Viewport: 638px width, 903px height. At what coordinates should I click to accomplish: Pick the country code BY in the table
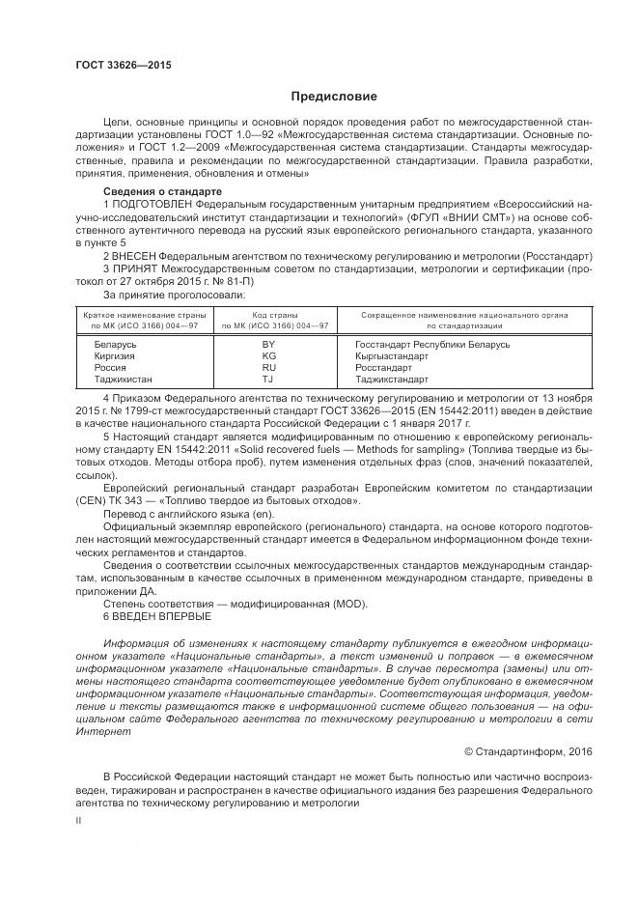(269, 344)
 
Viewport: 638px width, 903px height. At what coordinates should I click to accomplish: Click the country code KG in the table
(269, 355)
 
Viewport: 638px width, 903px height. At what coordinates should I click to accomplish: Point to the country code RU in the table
(269, 367)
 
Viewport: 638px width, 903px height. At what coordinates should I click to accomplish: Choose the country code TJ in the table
(269, 380)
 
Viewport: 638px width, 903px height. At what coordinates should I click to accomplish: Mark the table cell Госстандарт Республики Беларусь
(432, 344)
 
